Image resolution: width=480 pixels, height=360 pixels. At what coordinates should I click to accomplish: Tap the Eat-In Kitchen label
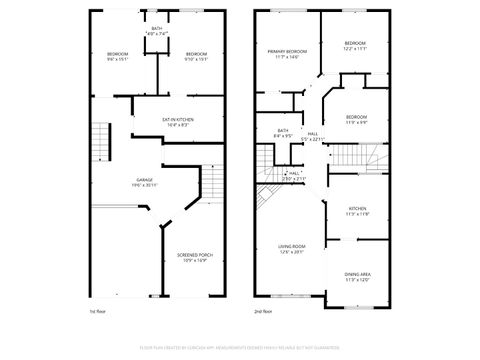click(178, 119)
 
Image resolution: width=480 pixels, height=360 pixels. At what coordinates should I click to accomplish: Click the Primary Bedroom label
click(286, 50)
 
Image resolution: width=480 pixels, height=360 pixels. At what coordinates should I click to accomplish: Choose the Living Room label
click(291, 246)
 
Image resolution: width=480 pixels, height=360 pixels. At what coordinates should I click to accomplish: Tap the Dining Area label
click(357, 274)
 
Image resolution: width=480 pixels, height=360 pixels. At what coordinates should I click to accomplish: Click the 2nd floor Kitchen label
click(357, 209)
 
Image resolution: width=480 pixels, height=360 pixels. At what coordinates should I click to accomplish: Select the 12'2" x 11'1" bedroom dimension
click(356, 49)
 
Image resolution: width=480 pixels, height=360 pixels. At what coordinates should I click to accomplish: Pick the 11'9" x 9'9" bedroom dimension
click(357, 123)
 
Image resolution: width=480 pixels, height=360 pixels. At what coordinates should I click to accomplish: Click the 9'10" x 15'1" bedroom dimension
click(196, 58)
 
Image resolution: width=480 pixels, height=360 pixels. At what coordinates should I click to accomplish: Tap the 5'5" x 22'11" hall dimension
click(313, 139)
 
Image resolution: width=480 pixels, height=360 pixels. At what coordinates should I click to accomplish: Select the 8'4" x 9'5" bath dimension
click(283, 136)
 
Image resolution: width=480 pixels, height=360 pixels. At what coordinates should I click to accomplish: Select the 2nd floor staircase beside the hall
click(356, 157)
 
